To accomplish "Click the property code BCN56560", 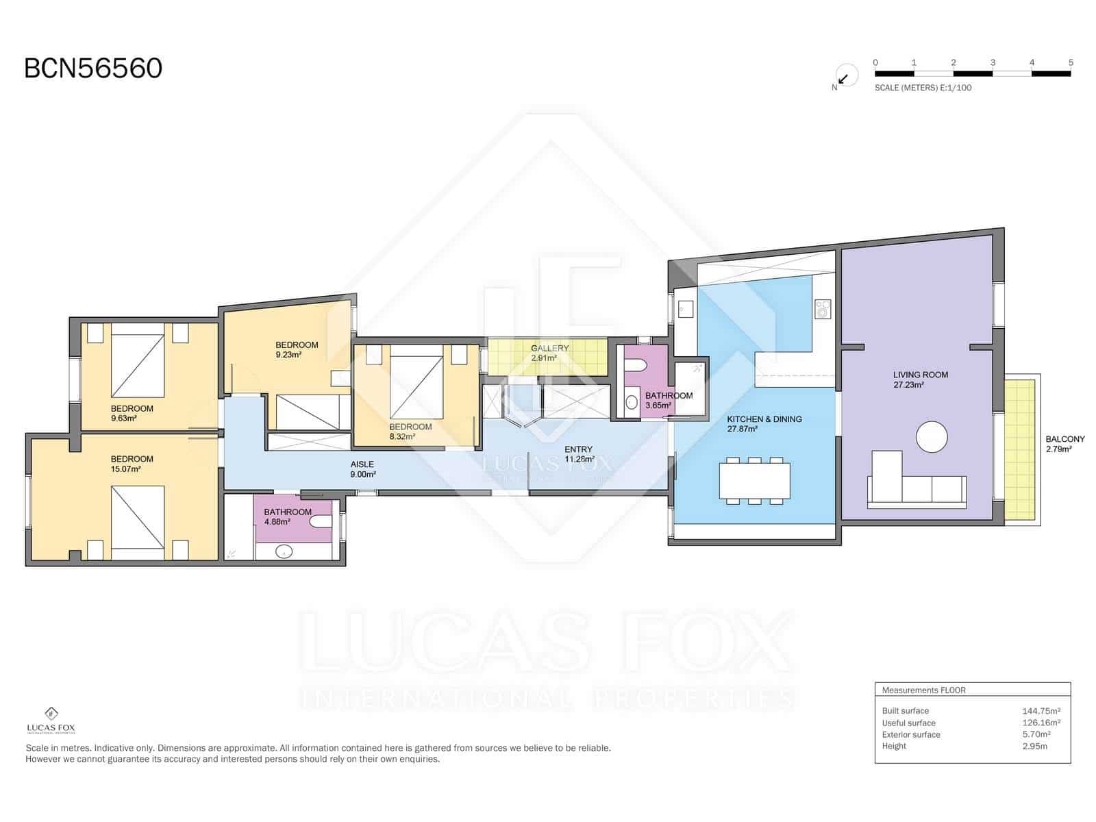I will pyautogui.click(x=93, y=68).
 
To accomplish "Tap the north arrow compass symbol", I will pyautogui.click(x=845, y=77).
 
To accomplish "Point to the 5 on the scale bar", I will pyautogui.click(x=1070, y=62).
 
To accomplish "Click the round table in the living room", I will pyautogui.click(x=932, y=437).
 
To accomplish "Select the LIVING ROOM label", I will pyautogui.click(x=920, y=375).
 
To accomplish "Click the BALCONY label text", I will pyautogui.click(x=1064, y=439).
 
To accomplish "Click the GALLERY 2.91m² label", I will pyautogui.click(x=549, y=353).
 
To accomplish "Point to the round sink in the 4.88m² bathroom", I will pyautogui.click(x=283, y=551).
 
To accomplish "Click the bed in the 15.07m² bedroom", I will pyautogui.click(x=138, y=517).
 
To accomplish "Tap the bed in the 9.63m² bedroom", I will pyautogui.click(x=138, y=365).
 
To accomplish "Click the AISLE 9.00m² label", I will pyautogui.click(x=362, y=469).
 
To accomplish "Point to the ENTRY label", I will pyautogui.click(x=578, y=449).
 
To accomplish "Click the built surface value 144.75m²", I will pyautogui.click(x=1041, y=711).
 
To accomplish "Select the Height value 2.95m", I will pyautogui.click(x=1034, y=746).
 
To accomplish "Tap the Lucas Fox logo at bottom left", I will pyautogui.click(x=51, y=720).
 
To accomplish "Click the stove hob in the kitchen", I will pyautogui.click(x=822, y=309).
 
